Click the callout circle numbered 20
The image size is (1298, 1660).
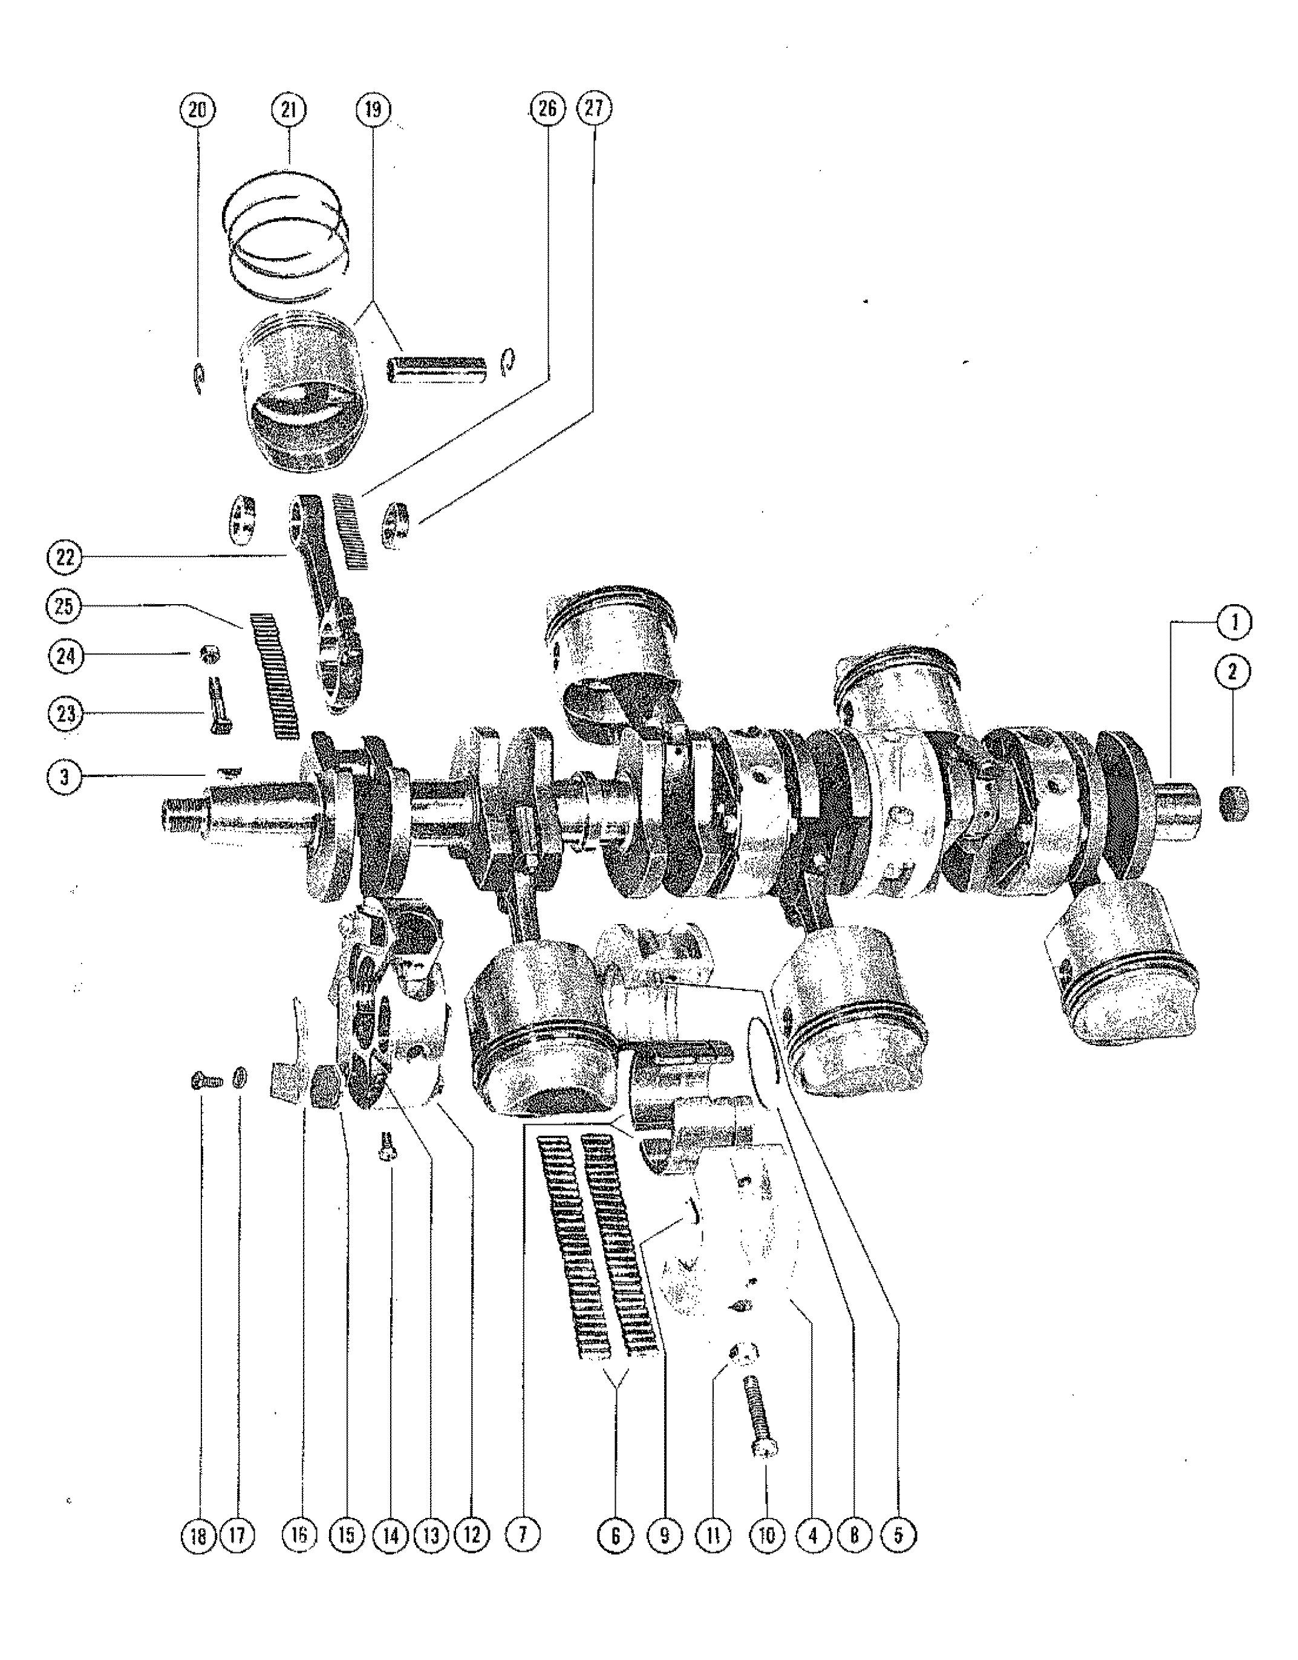(197, 111)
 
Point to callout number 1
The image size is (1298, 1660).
(1233, 622)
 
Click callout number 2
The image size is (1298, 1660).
(1233, 671)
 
